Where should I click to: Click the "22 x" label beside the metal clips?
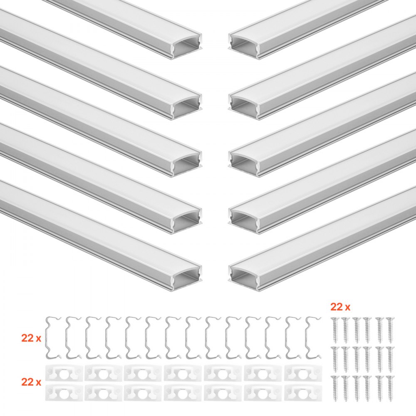pyautogui.click(x=31, y=338)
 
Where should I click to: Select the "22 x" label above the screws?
pyautogui.click(x=340, y=307)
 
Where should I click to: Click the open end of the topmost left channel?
pyautogui.click(x=187, y=46)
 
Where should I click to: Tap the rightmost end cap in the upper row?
pyautogui.click(x=300, y=373)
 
